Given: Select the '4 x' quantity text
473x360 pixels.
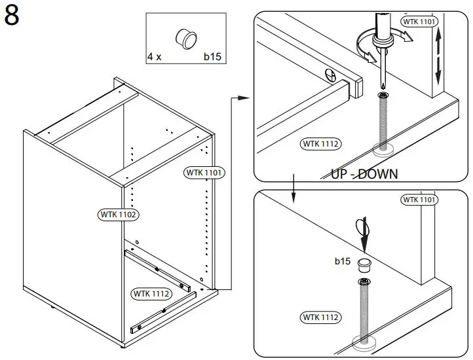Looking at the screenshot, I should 154,58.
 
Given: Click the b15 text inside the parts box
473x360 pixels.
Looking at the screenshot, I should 212,58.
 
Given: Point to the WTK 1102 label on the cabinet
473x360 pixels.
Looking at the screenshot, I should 119,214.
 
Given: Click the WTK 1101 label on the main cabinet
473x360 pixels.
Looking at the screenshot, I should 205,173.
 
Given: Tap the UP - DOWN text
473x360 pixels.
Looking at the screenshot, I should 364,174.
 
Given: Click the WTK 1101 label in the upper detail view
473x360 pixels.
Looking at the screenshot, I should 419,22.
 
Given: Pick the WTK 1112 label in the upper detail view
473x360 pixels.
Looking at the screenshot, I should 321,143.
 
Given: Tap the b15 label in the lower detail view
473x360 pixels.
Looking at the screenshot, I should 343,261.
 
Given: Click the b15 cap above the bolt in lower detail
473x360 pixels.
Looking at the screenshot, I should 364,264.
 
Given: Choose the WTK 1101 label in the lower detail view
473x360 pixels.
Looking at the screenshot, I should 419,199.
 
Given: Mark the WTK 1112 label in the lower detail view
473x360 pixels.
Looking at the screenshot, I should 321,317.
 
